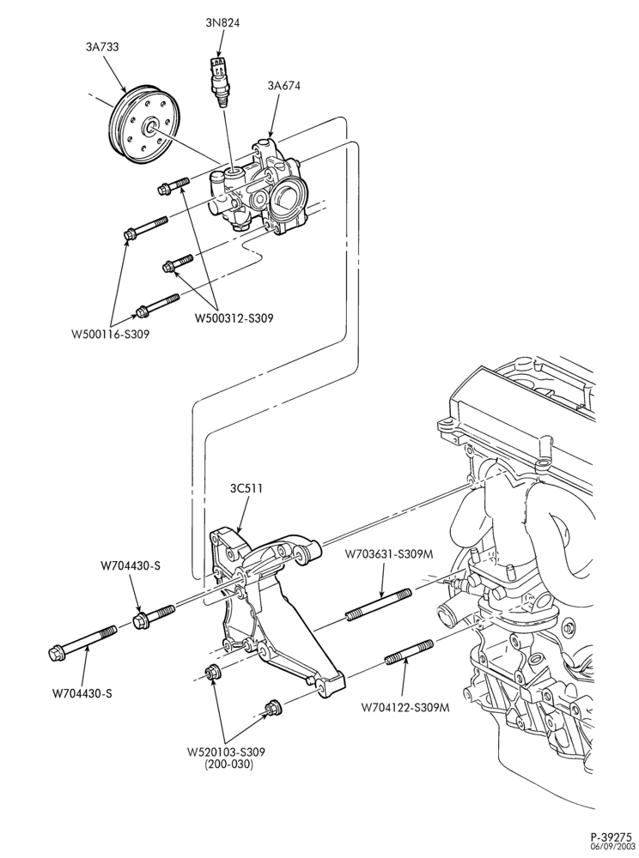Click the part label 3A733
[x=102, y=47]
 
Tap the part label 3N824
[x=222, y=22]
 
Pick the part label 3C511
[x=246, y=488]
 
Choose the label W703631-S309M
[x=389, y=553]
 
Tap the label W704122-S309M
[x=405, y=708]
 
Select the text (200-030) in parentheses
[x=228, y=764]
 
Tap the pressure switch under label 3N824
[x=220, y=80]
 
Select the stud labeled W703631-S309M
[x=379, y=605]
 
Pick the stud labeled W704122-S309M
[x=409, y=652]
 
